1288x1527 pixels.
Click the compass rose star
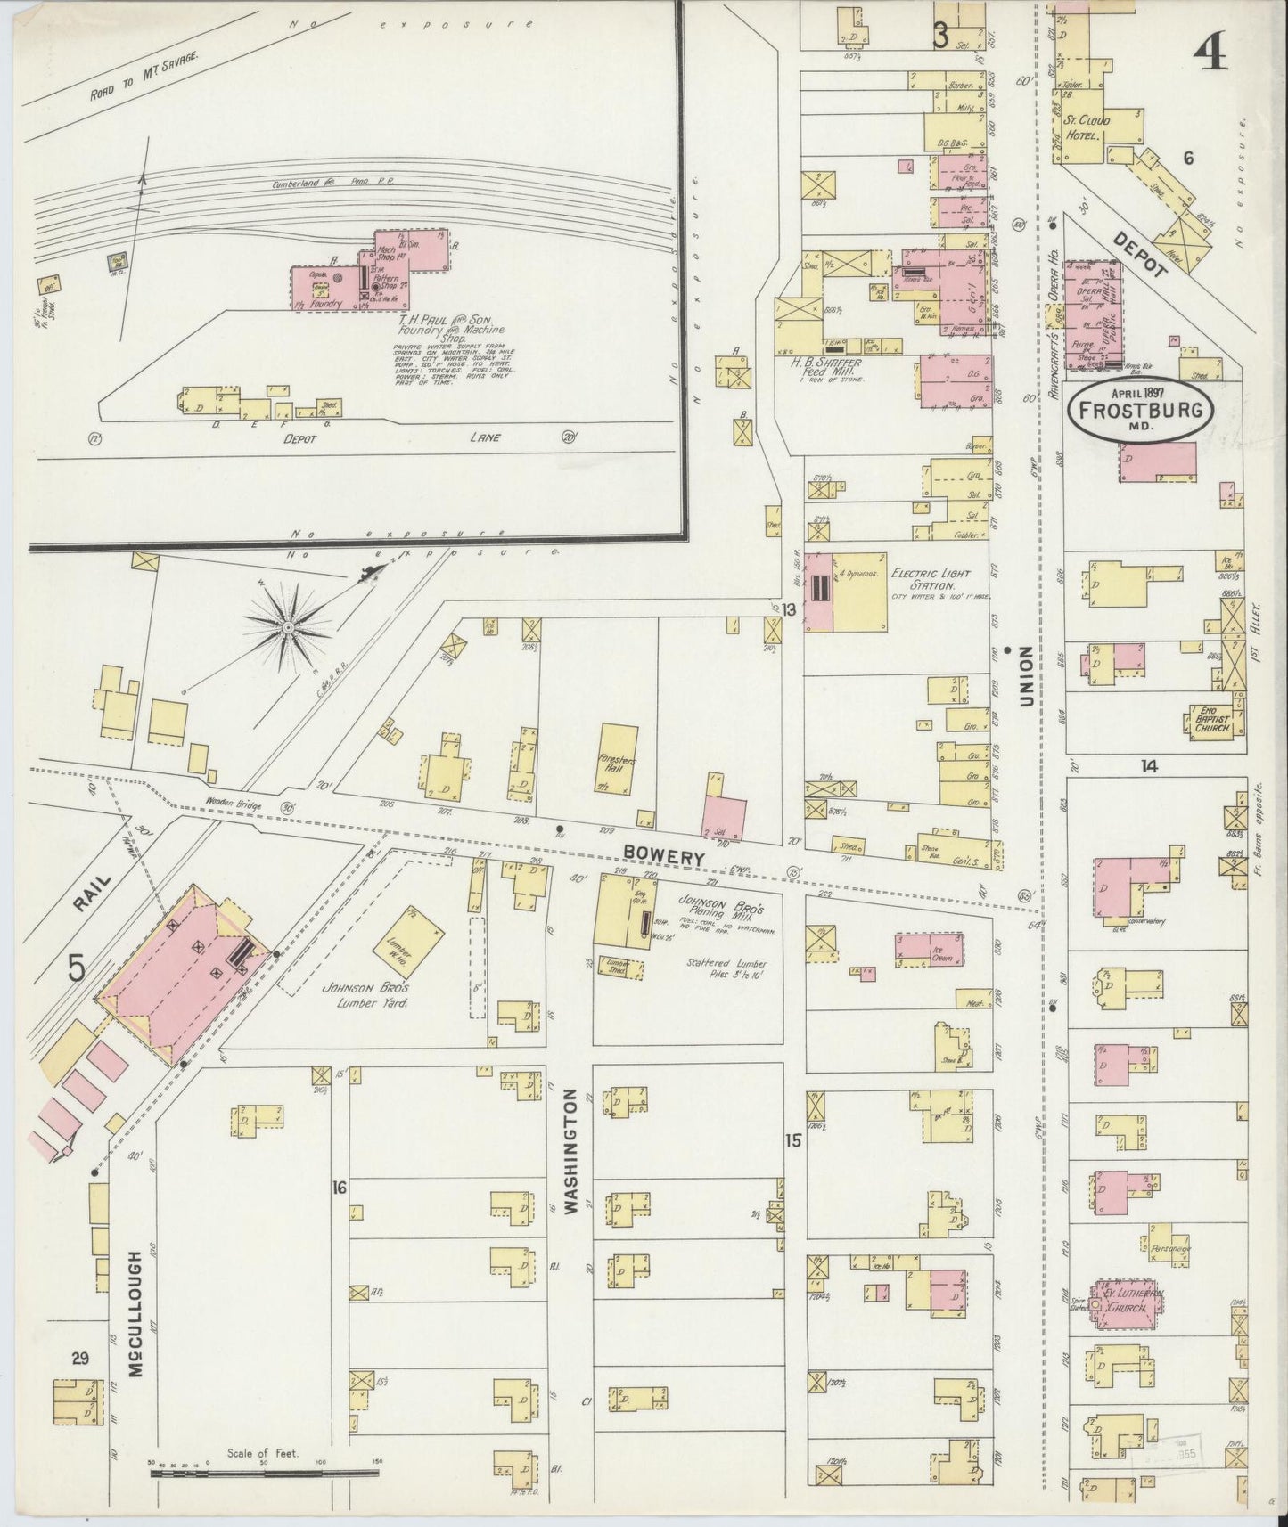click(287, 629)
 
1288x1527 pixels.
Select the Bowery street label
click(663, 854)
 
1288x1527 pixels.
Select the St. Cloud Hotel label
click(1088, 127)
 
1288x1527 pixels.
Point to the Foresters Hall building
click(618, 757)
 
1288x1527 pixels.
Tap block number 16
click(338, 1187)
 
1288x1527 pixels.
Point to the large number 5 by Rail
click(78, 967)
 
